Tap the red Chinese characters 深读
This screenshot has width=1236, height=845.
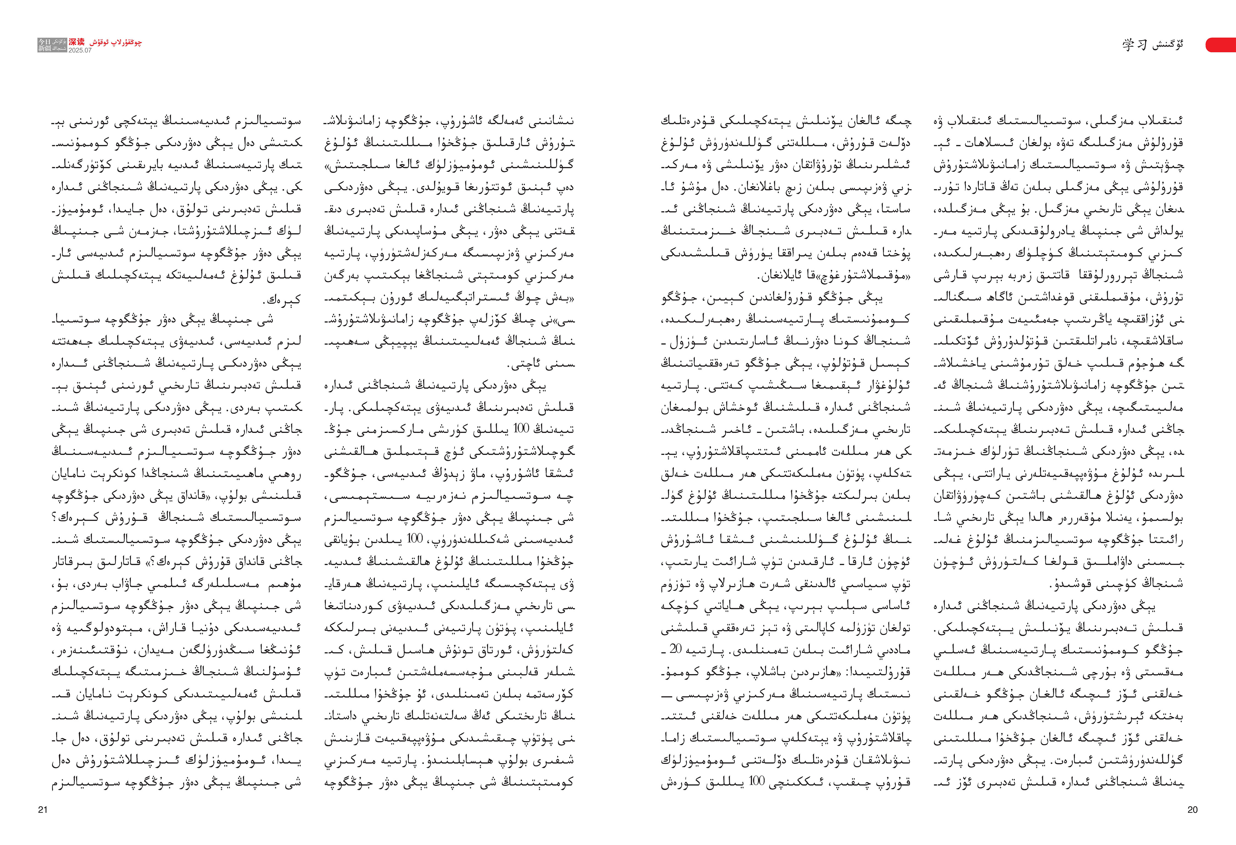[x=77, y=42]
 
